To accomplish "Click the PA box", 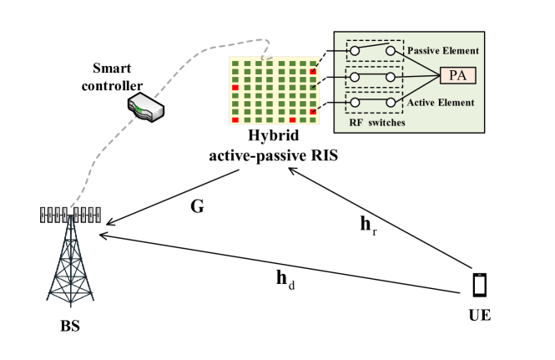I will coord(458,76).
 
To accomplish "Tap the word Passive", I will coord(423,52).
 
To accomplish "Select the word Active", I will coord(421,103).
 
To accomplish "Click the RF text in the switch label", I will coord(356,123).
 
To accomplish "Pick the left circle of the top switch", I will coord(355,51).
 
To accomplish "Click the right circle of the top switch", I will coord(391,51).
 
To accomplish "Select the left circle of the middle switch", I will coord(355,77).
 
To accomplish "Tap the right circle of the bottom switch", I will coord(391,103).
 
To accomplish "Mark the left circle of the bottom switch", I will coord(355,103).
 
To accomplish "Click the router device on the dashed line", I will coord(145,107).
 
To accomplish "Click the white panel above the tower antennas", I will coord(70,187).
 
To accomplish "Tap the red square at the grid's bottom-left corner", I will coord(235,120).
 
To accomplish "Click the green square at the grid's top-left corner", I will coord(235,63).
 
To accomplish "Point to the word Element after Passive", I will coord(461,52).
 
